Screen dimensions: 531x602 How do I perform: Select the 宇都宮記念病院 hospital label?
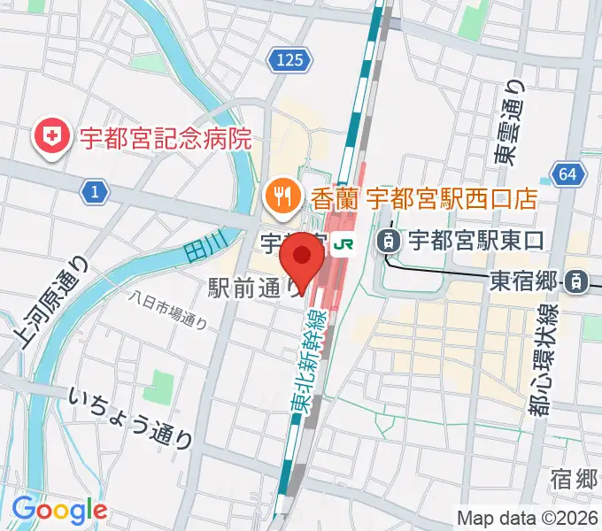click(x=166, y=138)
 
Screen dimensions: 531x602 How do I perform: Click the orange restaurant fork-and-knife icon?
click(x=282, y=194)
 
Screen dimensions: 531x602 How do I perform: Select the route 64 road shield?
click(x=567, y=174)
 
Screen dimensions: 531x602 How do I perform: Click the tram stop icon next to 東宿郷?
click(x=575, y=282)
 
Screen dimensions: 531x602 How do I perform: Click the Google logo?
click(x=59, y=511)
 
